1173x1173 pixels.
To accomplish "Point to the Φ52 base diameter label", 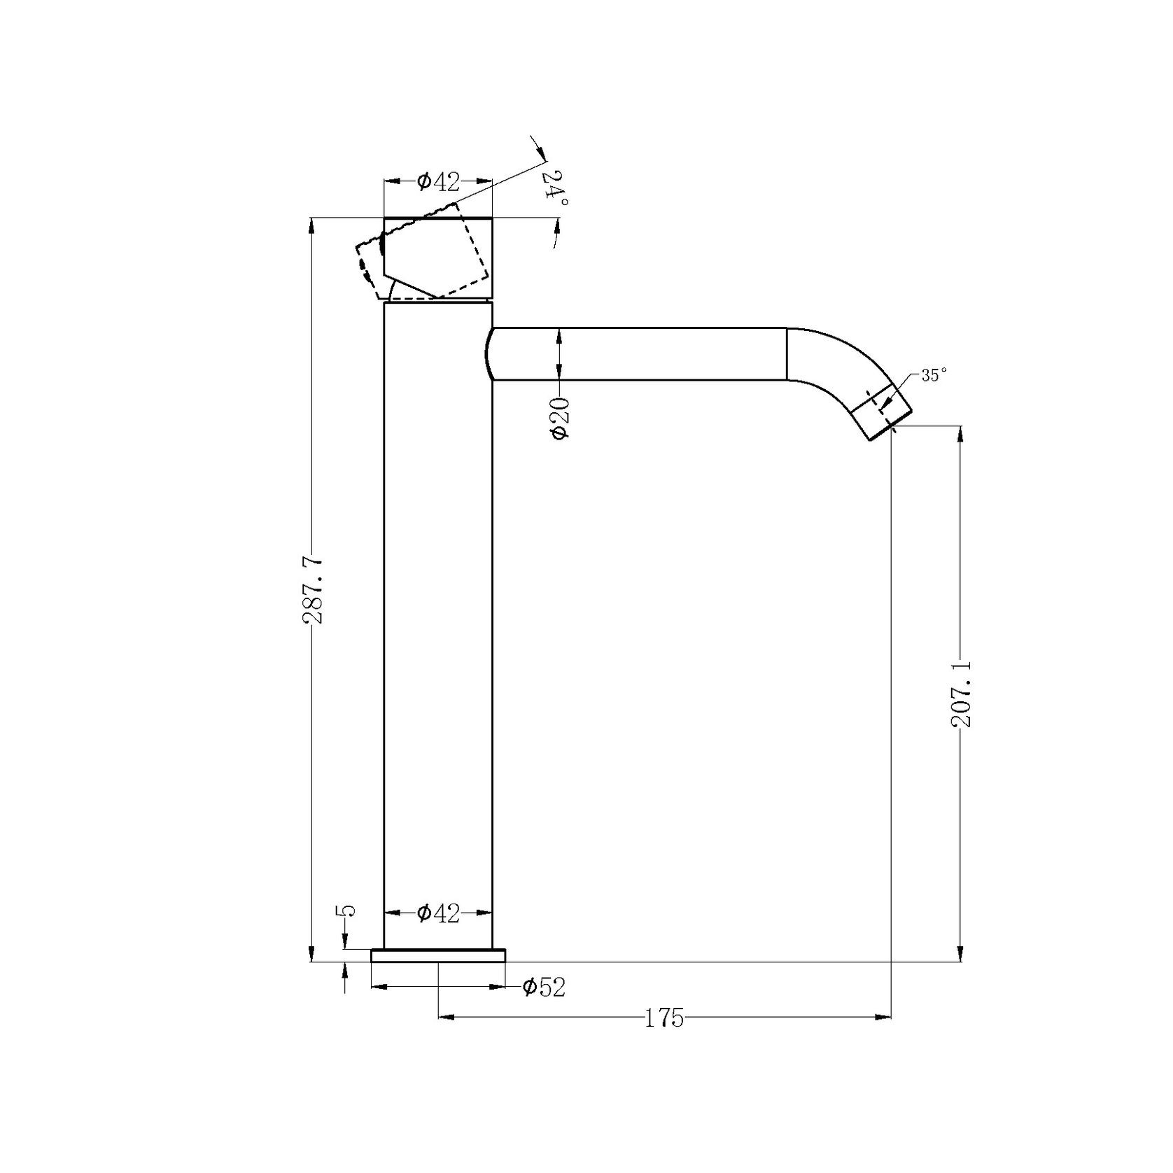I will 544,987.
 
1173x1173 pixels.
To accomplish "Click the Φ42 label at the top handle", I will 438,181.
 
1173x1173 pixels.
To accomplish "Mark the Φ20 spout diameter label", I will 561,418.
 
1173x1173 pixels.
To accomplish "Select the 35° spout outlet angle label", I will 933,375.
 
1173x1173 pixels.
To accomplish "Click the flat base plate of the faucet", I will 438,955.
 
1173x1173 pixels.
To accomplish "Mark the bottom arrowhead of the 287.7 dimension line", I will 312,954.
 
